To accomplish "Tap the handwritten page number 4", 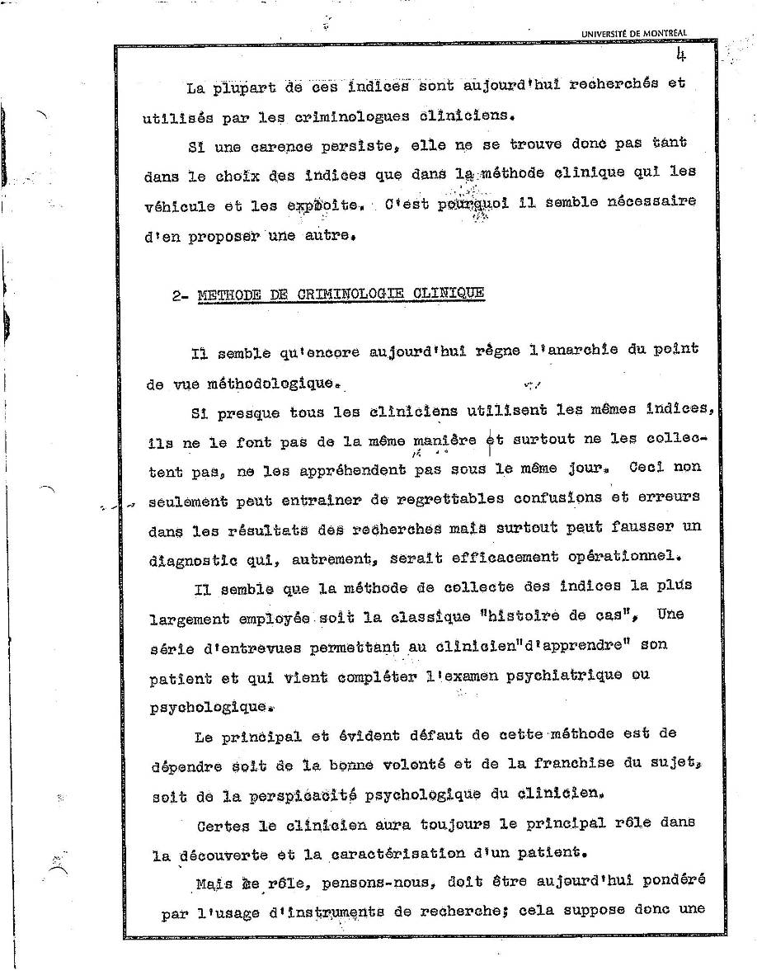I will point(682,55).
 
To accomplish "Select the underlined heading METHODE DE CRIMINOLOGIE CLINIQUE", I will point(341,294).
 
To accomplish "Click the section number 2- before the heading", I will point(181,295).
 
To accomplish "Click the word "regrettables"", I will point(450,498).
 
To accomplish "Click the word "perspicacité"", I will point(303,796).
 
